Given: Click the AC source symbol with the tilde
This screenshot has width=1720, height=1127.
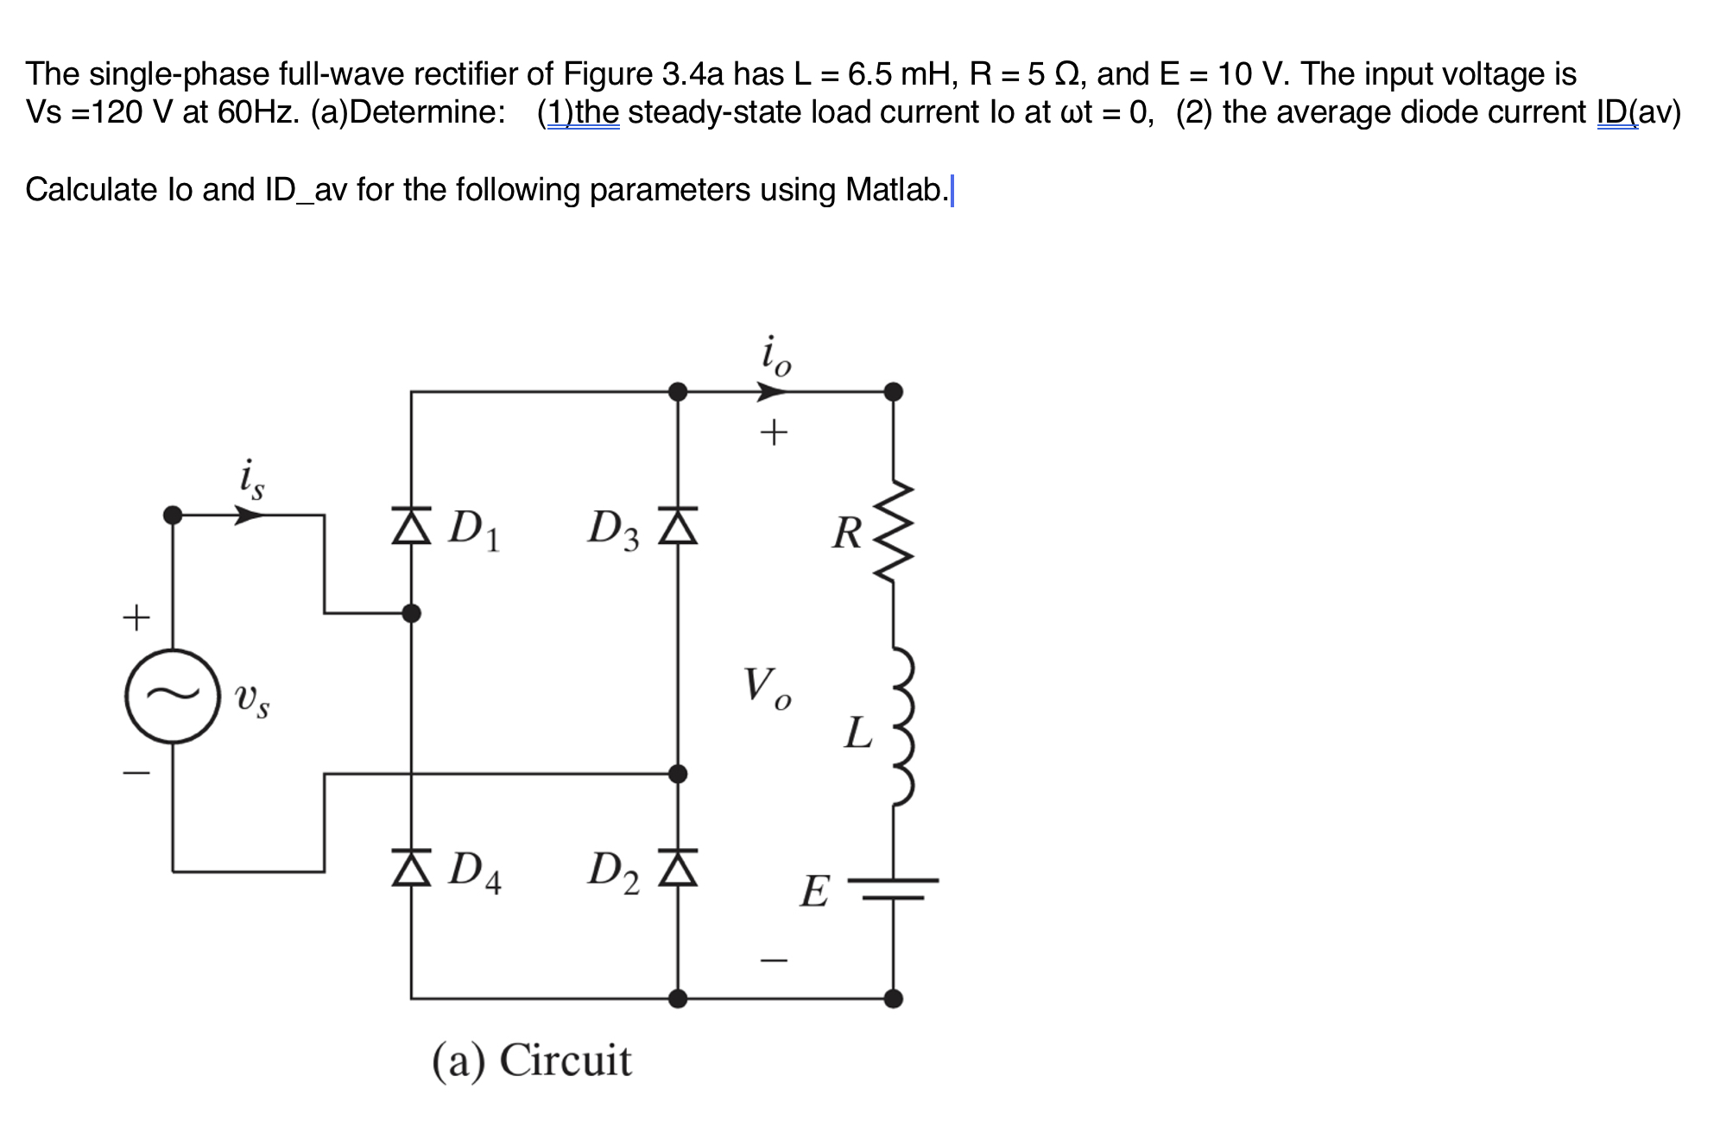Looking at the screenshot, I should [x=172, y=696].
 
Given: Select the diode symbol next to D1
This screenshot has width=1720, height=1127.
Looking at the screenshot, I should [x=411, y=526].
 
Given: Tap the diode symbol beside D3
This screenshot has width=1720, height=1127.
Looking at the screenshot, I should [x=678, y=526].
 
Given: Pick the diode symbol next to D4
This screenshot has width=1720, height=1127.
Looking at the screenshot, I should [x=411, y=868].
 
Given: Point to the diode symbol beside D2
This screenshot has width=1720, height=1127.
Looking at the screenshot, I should [x=678, y=868].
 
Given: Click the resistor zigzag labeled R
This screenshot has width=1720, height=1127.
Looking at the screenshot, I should [x=894, y=532].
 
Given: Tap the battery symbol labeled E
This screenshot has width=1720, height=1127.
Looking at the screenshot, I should [x=894, y=889].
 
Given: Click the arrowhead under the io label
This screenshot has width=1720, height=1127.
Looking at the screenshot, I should [x=771, y=393].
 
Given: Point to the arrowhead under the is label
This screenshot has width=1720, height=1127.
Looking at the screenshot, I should [x=250, y=516].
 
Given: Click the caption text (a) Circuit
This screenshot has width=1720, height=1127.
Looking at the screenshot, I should [x=532, y=1060].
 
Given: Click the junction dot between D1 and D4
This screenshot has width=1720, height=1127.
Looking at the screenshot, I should [x=412, y=613].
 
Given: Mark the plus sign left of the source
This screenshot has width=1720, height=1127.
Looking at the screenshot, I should [x=136, y=617].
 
